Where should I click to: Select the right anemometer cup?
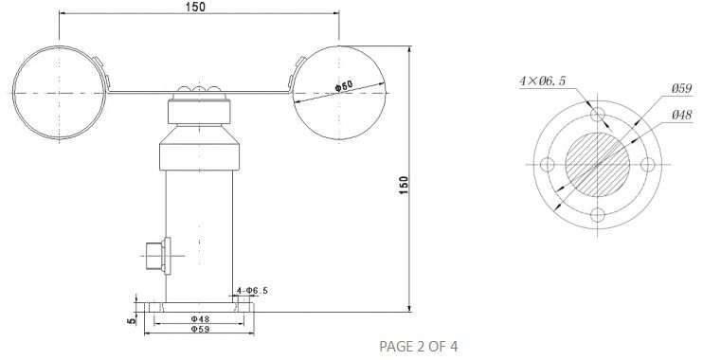(x=339, y=92)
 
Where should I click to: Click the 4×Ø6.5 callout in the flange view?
(x=542, y=81)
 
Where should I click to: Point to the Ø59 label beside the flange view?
(x=681, y=88)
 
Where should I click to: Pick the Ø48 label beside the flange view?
(x=681, y=114)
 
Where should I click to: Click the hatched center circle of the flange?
(x=597, y=164)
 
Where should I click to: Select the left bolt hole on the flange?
(x=547, y=165)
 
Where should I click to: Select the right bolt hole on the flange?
(x=648, y=165)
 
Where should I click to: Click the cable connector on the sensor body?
(x=155, y=253)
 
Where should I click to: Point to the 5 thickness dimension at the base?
(x=133, y=319)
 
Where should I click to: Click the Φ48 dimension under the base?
(x=200, y=319)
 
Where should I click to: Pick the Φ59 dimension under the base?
(x=200, y=330)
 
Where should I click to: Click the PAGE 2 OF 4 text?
(x=418, y=346)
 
